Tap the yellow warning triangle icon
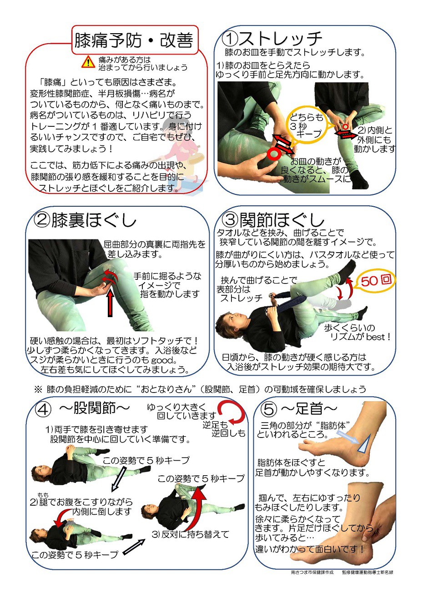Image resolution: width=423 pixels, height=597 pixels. [88, 62]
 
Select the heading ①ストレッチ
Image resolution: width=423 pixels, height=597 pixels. [272, 38]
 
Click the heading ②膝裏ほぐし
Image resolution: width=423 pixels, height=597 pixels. [85, 221]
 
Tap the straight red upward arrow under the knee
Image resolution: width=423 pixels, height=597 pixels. [110, 304]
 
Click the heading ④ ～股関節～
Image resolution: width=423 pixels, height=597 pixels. [82, 408]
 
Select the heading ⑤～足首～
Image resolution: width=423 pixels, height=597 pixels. [299, 408]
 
